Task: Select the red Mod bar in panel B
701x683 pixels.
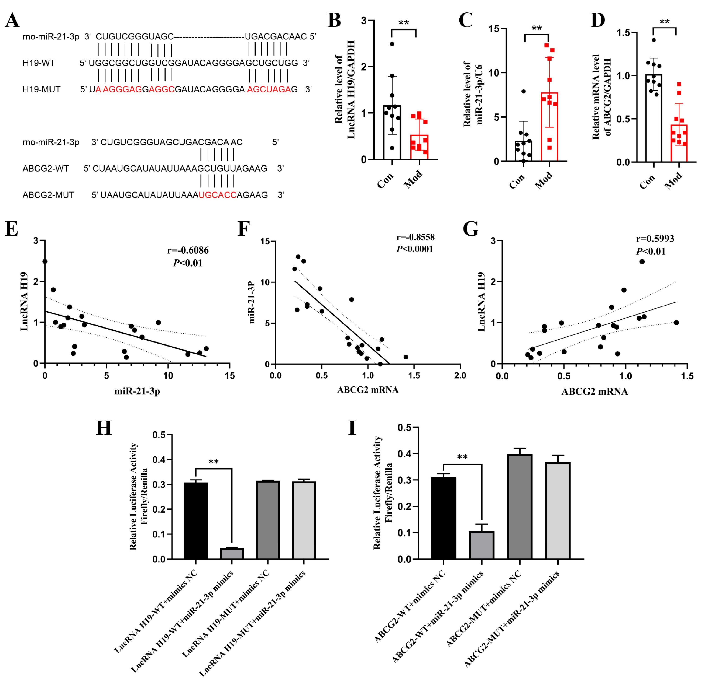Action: point(419,147)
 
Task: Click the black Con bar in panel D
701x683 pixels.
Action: point(653,118)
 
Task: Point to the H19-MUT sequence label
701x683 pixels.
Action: point(41,89)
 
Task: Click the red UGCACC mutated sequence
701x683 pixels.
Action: point(217,195)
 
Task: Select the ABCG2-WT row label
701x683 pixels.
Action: point(46,168)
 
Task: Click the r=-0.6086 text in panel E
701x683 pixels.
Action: point(188,250)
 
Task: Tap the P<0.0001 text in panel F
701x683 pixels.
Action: point(414,249)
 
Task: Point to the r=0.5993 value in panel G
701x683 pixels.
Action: point(655,239)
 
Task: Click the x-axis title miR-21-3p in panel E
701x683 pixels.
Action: point(137,391)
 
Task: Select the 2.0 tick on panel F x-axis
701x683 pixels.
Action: point(460,376)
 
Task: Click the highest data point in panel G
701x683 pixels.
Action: point(642,262)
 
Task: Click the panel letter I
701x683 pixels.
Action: point(352,428)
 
